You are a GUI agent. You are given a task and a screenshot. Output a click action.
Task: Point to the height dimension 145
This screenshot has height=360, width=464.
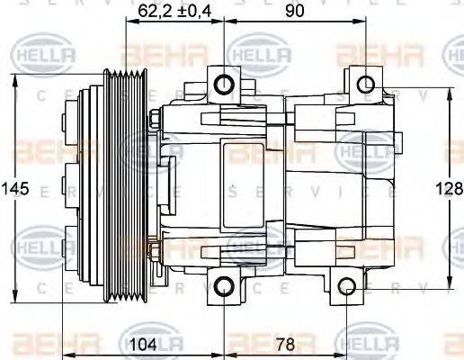coord(15,189)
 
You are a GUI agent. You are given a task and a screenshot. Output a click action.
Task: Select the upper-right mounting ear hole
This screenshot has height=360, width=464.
coord(365,85)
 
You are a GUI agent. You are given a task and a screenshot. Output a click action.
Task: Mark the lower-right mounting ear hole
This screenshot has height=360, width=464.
coord(349,288)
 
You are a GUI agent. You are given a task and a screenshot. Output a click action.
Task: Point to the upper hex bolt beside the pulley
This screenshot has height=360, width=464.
coord(157,117)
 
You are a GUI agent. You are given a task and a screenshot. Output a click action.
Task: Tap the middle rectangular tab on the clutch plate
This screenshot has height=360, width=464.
coord(67,185)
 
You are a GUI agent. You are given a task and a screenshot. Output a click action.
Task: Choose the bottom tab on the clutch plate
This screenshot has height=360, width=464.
coord(67,247)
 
